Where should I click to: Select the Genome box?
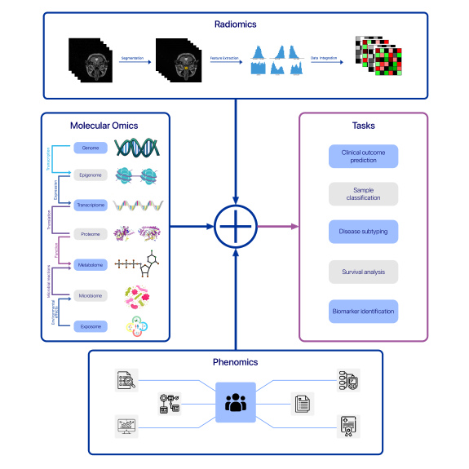click(x=91, y=148)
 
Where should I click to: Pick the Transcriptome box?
click(x=91, y=205)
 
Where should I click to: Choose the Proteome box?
click(x=91, y=234)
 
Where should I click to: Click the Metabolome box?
click(x=91, y=263)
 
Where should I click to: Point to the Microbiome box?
click(x=91, y=294)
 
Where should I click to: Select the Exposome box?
click(x=91, y=324)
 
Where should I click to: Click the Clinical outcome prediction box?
click(x=363, y=157)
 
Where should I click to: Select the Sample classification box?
click(x=363, y=194)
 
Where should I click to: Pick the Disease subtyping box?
click(x=363, y=232)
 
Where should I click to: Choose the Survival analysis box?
click(x=363, y=272)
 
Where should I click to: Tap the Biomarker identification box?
click(x=363, y=311)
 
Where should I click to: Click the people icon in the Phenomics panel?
click(x=236, y=402)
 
